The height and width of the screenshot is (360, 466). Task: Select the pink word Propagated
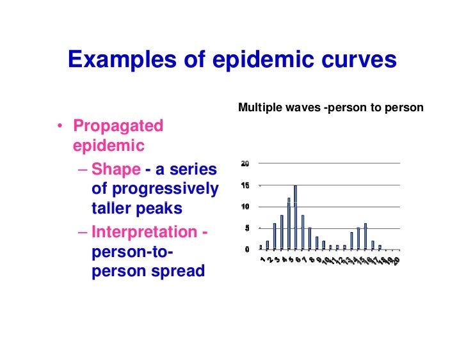point(118,126)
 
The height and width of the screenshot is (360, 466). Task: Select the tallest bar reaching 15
point(295,217)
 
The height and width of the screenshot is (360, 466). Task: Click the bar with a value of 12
point(289,223)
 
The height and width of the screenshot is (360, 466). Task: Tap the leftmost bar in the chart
point(261,247)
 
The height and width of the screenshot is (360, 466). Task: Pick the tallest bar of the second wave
point(365,236)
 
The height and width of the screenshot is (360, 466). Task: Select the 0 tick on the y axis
point(246,249)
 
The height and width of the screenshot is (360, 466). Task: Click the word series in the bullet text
point(195,169)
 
